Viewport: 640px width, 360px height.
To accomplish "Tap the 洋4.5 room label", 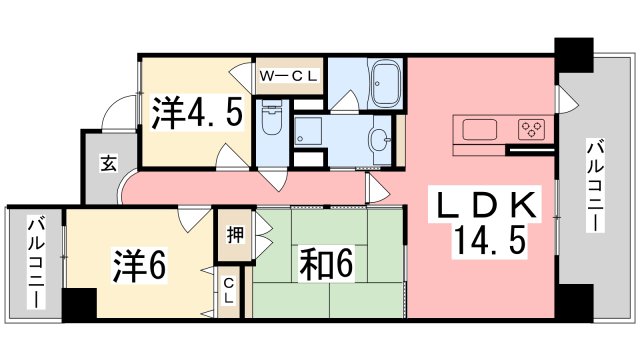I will (197, 113).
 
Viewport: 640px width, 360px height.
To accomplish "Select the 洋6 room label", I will (138, 265).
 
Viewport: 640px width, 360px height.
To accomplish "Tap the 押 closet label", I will (231, 238).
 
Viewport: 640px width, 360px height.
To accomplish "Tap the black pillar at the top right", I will (573, 52).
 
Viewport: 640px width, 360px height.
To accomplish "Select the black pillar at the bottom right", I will (573, 302).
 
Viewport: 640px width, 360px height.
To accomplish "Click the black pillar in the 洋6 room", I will (78, 303).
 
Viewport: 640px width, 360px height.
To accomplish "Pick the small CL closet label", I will (229, 290).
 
